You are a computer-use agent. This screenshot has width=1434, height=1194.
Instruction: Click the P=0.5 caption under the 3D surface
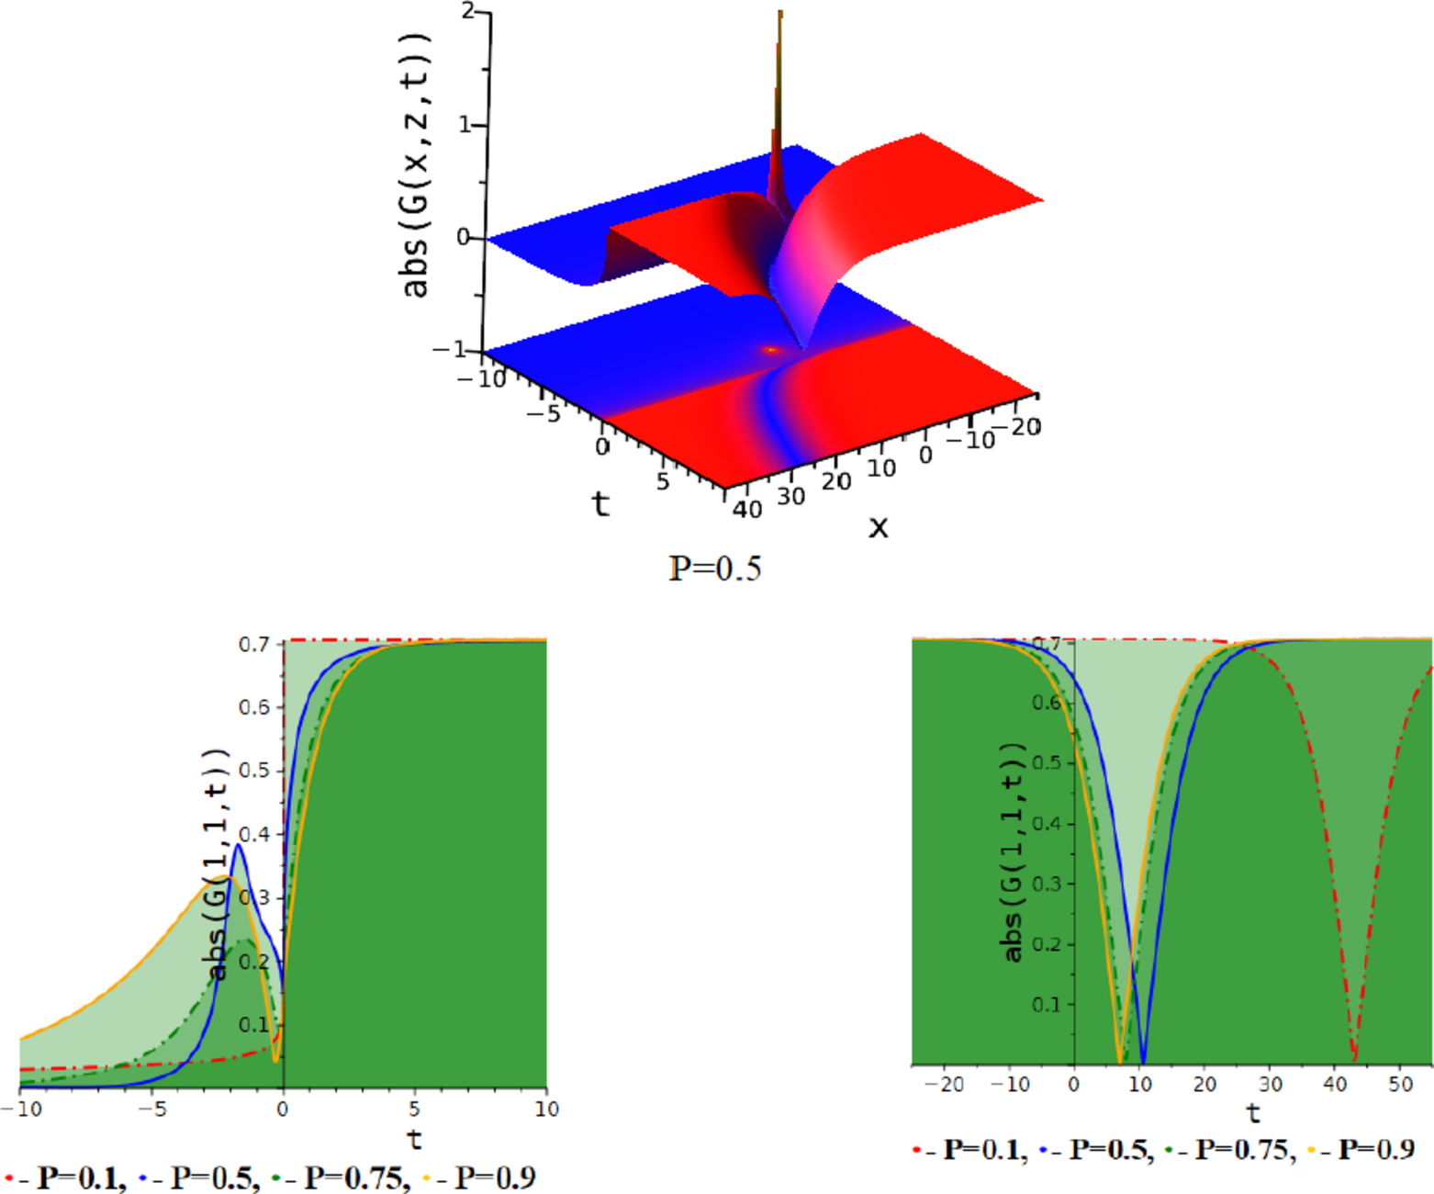tap(715, 569)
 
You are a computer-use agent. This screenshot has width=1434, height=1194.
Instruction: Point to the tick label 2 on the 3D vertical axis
tap(469, 11)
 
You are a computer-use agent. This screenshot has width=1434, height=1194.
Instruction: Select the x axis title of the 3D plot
tap(879, 527)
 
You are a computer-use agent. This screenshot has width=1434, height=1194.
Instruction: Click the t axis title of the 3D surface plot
tap(600, 503)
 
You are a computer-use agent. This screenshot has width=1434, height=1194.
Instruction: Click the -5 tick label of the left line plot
tap(152, 1110)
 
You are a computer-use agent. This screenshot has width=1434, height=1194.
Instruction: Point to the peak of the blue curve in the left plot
tap(239, 844)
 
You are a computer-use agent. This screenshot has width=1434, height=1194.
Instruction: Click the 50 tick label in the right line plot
tap(1401, 1085)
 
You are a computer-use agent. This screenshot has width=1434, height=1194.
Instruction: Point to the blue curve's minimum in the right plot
tap(1143, 1061)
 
